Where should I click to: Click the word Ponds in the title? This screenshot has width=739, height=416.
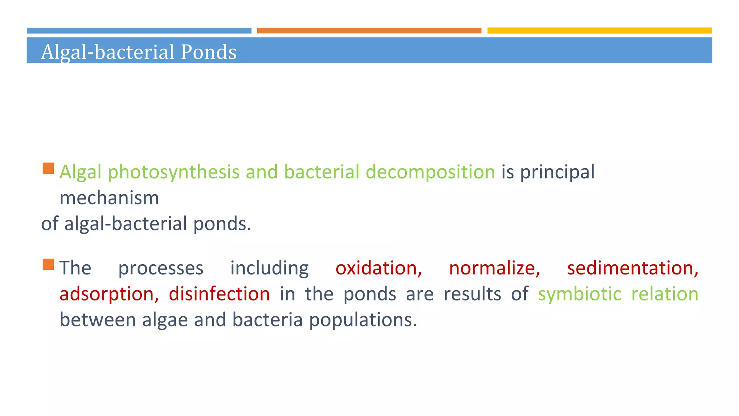tap(208, 52)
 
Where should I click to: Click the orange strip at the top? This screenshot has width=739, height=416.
tap(369, 31)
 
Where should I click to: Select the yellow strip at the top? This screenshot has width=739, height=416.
tap(599, 31)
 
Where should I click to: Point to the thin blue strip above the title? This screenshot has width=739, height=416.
tap(139, 31)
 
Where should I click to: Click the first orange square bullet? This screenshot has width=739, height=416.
tap(48, 168)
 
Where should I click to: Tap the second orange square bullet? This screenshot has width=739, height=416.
tap(48, 264)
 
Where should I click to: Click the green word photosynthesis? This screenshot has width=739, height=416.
tap(174, 172)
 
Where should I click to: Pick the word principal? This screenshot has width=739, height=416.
tap(557, 172)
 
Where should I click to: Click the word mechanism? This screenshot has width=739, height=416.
tap(109, 198)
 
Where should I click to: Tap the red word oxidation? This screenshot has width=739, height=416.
tap(379, 268)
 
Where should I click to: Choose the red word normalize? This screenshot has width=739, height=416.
tap(494, 268)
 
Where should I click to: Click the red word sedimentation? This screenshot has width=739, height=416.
tap(633, 268)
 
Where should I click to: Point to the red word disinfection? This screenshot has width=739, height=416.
tap(219, 294)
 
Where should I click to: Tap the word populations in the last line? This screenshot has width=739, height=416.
tap(363, 320)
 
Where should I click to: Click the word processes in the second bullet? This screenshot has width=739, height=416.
tap(161, 268)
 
